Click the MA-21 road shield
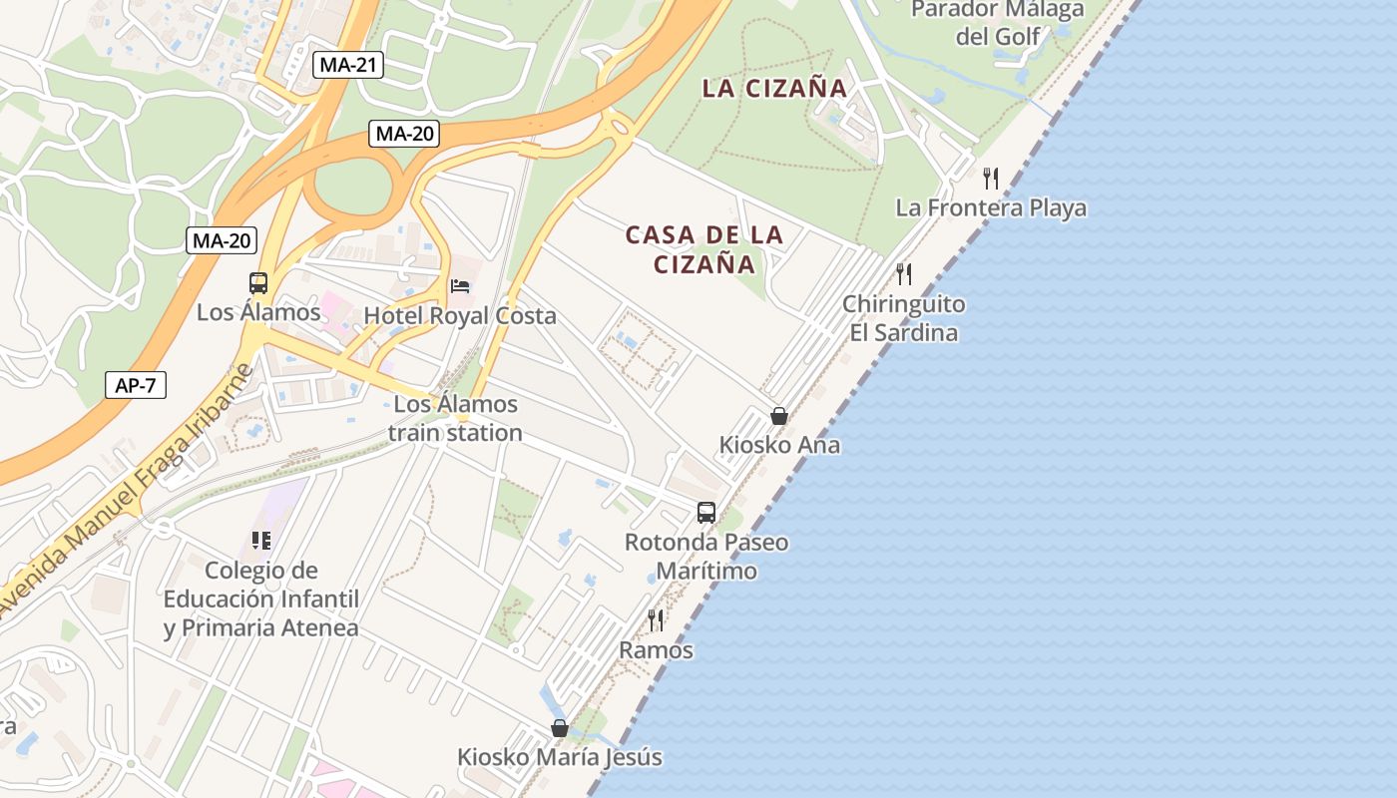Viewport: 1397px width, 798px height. pos(348,66)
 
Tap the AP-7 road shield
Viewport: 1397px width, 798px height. pos(135,385)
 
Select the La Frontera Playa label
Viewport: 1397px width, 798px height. pos(990,208)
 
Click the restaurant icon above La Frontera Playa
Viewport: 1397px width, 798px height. pos(990,179)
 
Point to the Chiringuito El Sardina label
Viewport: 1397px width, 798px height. pos(903,318)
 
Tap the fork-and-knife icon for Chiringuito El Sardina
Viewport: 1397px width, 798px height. pos(904,274)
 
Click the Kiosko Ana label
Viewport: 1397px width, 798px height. pos(779,445)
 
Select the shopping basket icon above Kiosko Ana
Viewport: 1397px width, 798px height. pos(779,416)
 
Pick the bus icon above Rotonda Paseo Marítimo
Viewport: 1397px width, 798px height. pos(706,513)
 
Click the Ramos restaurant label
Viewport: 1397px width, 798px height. pos(656,650)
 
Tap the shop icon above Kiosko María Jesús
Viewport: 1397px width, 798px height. pos(560,729)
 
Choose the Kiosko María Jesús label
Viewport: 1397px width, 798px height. pos(559,757)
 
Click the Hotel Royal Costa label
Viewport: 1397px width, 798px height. pos(459,316)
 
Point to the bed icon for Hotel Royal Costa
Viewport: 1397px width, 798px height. pos(460,286)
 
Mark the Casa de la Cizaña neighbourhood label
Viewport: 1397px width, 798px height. pos(704,249)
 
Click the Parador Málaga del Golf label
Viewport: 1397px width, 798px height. pos(998,23)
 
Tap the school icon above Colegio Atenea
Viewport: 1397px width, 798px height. pos(261,541)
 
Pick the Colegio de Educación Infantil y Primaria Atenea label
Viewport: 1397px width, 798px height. pos(261,599)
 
